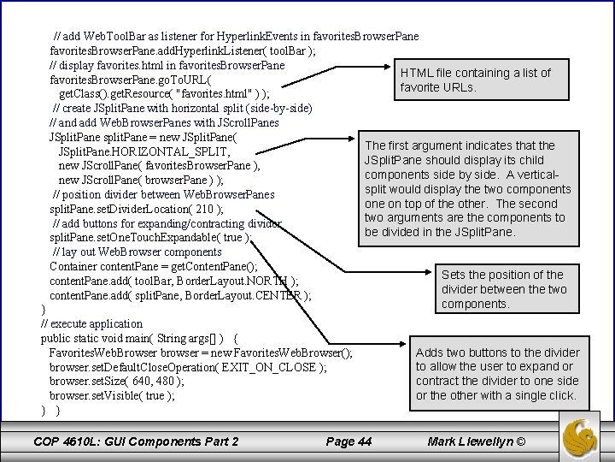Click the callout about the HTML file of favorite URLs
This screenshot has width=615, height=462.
click(476, 80)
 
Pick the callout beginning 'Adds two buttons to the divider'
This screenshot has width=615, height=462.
click(496, 374)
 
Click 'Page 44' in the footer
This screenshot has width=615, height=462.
click(349, 441)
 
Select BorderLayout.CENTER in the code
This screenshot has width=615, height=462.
click(256, 296)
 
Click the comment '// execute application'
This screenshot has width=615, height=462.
click(91, 324)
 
